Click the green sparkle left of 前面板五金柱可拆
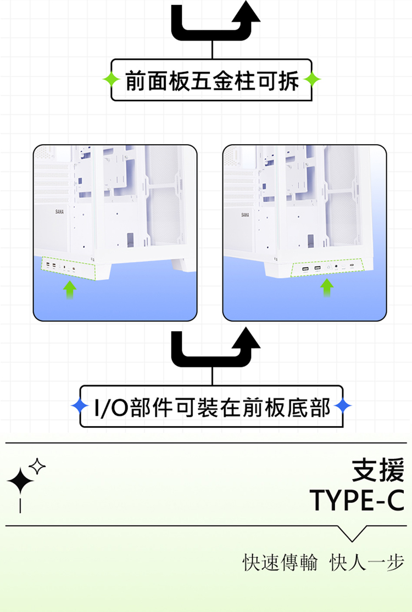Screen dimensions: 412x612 click(111, 80)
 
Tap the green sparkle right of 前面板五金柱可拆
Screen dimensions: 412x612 click(312, 80)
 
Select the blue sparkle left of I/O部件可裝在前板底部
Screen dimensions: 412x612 click(80, 406)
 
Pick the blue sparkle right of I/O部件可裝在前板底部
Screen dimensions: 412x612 click(343, 406)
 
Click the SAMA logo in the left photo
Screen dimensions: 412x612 click(59, 212)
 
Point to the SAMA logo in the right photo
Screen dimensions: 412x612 click(245, 214)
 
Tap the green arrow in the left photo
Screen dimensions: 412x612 click(70, 289)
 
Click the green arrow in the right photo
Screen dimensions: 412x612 click(327, 288)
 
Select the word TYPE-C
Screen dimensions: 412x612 click(357, 500)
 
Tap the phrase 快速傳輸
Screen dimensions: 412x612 click(280, 563)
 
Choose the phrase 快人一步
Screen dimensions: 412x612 click(367, 563)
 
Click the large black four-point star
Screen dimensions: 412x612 click(20, 481)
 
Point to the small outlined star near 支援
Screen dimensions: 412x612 click(37, 466)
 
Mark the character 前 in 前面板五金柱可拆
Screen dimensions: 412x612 click(136, 81)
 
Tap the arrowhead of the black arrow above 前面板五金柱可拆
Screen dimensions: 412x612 click(246, 12)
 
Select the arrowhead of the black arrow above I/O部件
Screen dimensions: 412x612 click(246, 338)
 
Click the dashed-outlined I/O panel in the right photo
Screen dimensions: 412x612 click(328, 268)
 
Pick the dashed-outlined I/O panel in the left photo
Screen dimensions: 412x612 click(69, 268)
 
